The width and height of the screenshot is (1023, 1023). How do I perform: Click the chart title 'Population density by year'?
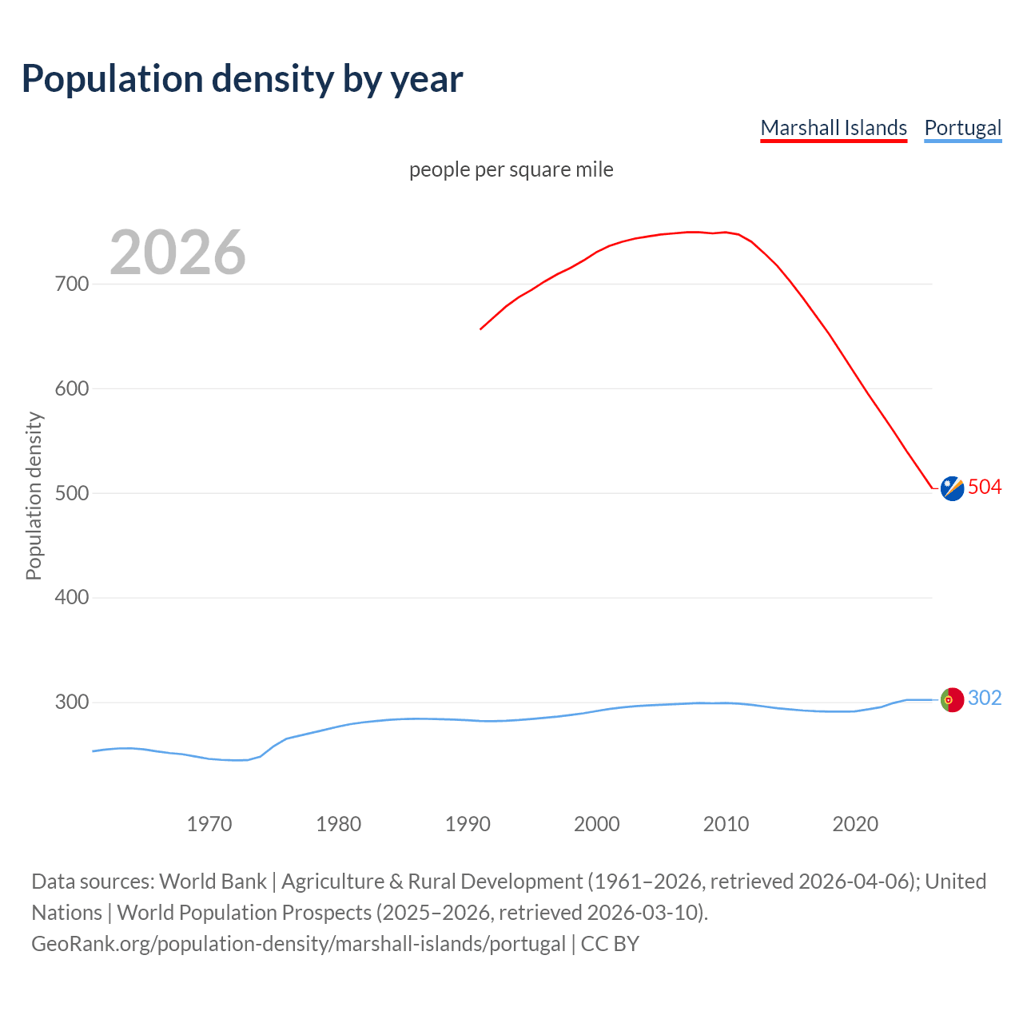coord(242,79)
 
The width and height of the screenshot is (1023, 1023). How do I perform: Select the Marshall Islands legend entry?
coord(834,128)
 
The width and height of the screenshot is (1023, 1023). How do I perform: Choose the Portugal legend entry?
coord(962,128)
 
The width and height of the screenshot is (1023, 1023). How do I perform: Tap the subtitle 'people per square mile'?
coord(511,170)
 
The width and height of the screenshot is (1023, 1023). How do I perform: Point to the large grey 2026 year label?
coord(177,253)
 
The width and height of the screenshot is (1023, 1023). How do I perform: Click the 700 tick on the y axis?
coord(72,284)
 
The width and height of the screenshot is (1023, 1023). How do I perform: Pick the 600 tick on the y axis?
coord(72,388)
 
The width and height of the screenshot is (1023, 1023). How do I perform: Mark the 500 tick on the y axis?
coord(72,493)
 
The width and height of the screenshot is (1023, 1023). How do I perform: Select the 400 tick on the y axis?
coord(72,598)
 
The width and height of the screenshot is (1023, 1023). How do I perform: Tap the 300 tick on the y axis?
coord(72,703)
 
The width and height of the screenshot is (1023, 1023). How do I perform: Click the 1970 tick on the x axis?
coord(209,824)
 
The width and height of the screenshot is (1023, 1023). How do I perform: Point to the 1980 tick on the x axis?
coord(339,824)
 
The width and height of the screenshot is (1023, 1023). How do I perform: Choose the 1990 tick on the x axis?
coord(468,824)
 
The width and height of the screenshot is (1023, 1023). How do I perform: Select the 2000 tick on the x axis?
coord(597,824)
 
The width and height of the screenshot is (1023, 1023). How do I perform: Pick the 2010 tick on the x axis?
coord(726,824)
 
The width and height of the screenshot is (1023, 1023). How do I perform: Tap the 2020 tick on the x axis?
coord(855,824)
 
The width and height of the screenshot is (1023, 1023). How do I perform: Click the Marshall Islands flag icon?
coord(952,488)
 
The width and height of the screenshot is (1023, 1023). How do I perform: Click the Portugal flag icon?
coord(952,700)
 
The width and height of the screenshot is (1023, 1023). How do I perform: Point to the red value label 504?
coord(985,487)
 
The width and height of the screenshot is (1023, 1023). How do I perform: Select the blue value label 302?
coord(985,699)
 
